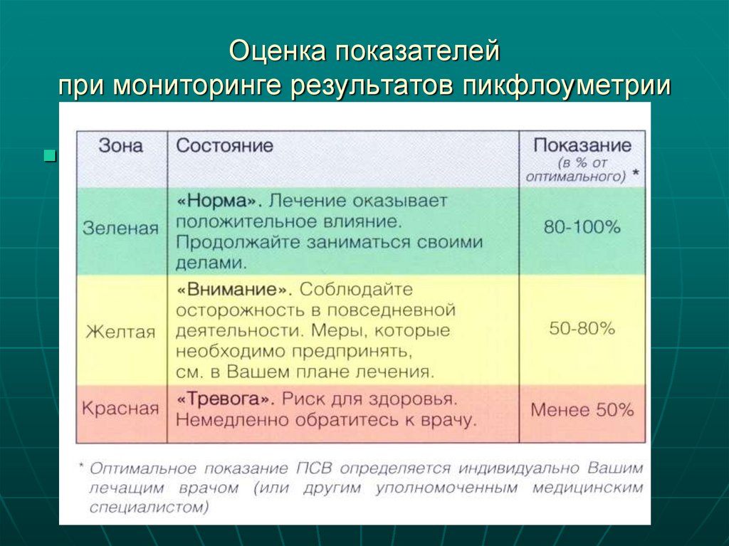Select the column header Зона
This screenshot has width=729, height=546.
(x=121, y=146)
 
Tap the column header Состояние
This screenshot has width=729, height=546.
(x=225, y=146)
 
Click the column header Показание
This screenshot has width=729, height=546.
(x=582, y=145)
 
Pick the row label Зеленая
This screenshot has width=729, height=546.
(x=120, y=228)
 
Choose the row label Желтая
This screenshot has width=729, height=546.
(x=120, y=332)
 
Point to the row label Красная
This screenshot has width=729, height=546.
(x=120, y=409)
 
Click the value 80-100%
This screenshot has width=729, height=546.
(x=582, y=228)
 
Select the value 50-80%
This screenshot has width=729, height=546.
(x=582, y=329)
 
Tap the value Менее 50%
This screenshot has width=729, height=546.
(x=582, y=410)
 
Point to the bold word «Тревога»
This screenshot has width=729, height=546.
(x=227, y=398)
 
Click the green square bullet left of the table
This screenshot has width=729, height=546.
(x=50, y=155)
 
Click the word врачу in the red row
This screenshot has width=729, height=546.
(x=449, y=420)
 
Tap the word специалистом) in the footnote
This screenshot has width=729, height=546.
(x=150, y=508)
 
